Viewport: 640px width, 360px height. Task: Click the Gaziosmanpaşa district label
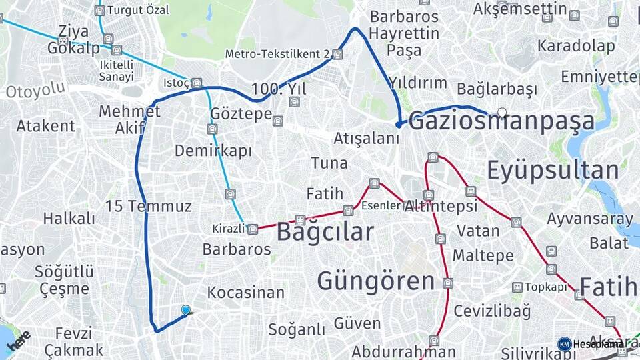[501, 122]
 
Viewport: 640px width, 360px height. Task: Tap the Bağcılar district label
[325, 231]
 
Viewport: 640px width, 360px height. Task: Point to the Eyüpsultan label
[553, 171]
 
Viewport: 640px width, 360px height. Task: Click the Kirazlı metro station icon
[253, 229]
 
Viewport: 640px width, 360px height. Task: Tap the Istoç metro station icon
[197, 83]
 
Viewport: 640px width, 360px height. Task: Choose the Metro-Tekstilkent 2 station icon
[337, 54]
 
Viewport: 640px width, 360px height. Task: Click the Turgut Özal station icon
[99, 11]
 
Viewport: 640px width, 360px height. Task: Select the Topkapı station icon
[517, 287]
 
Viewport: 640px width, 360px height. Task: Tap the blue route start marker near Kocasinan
[185, 310]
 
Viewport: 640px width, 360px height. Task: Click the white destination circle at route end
[502, 113]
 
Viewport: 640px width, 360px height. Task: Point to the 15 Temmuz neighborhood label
[148, 206]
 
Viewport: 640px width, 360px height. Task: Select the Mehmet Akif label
[129, 119]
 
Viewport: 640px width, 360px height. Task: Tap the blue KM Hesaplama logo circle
[564, 344]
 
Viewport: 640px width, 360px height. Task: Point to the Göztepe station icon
[278, 121]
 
